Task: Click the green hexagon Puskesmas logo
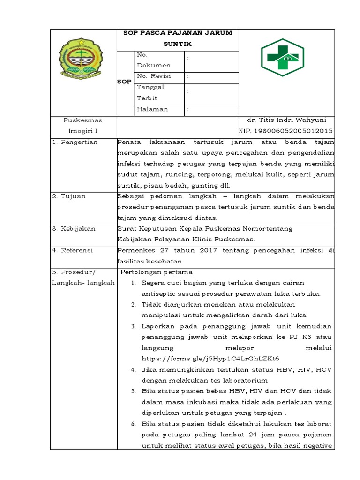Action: click(x=282, y=57)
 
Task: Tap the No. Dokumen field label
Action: click(x=153, y=60)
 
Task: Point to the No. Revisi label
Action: click(x=154, y=76)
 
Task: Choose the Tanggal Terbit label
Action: click(x=150, y=92)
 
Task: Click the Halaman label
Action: click(x=152, y=109)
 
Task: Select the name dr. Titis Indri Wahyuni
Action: click(x=286, y=120)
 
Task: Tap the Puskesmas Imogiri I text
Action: click(x=83, y=125)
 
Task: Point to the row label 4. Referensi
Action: click(x=73, y=250)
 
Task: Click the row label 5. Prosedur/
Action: click(x=74, y=272)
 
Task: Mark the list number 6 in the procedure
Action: click(x=133, y=424)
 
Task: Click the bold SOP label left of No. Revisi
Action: click(x=124, y=82)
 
